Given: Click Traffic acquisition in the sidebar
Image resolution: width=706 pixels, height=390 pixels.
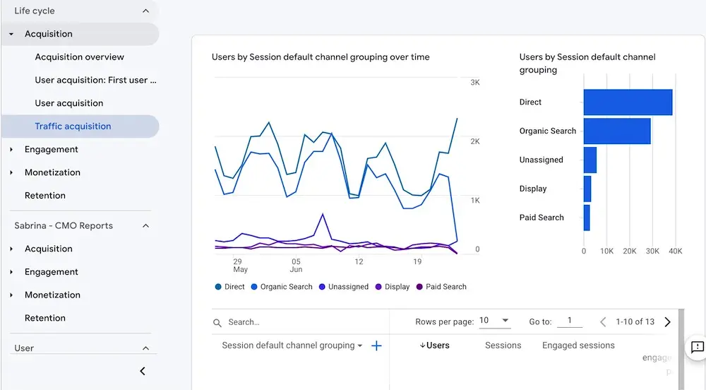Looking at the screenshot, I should tap(73, 126).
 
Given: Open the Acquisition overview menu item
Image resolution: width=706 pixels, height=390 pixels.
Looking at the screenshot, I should tap(79, 57).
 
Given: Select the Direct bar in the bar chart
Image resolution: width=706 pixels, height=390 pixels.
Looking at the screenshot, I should tap(628, 102).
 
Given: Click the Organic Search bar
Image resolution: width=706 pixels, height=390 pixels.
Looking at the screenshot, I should tap(616, 131).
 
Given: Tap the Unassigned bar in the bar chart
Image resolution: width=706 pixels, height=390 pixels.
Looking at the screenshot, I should tap(590, 160).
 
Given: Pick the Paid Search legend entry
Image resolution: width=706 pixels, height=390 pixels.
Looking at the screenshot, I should tap(445, 287).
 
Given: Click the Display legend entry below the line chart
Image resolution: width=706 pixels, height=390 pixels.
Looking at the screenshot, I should tap(397, 287).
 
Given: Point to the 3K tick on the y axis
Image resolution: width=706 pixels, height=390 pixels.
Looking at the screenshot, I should tap(475, 83).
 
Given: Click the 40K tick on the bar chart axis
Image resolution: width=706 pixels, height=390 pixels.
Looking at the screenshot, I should tap(675, 251).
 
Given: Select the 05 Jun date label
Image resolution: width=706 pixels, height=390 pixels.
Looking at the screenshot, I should tap(296, 266).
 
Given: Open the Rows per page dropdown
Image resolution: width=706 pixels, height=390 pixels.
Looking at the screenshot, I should tap(494, 321).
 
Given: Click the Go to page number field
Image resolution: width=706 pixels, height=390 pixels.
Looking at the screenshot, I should tap(569, 321).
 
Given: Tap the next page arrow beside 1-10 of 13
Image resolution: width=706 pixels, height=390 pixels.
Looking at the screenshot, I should tap(667, 322).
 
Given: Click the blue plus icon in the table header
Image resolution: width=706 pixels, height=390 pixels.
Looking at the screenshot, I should tap(376, 345).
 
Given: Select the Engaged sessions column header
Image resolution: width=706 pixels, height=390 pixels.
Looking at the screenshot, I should tap(578, 345).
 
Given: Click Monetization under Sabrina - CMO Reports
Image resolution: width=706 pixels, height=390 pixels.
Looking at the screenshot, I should tap(52, 295).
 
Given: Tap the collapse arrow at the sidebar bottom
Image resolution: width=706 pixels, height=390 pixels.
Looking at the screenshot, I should tap(143, 371).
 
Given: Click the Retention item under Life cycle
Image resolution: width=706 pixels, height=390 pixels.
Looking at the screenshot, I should tap(44, 196).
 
